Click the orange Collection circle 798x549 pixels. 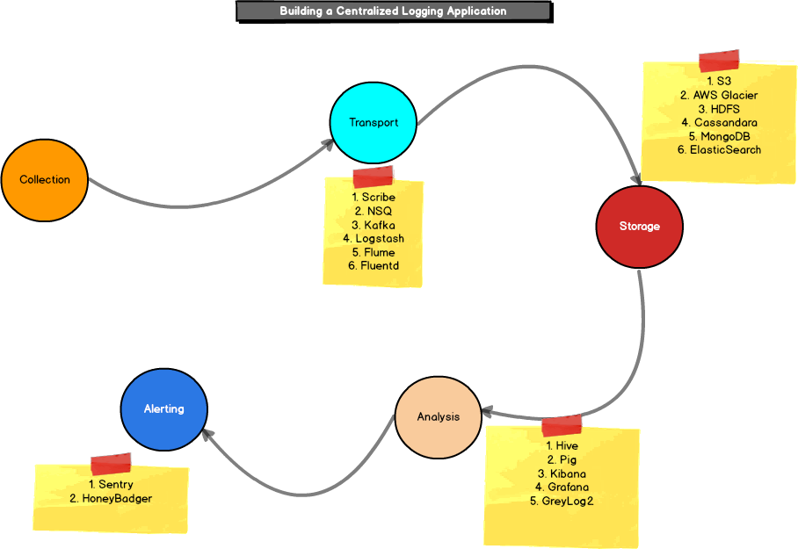(45, 180)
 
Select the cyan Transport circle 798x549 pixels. (374, 123)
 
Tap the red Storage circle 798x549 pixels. (639, 227)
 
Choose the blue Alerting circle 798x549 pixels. (164, 409)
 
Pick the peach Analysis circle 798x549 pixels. (438, 417)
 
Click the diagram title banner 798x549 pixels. (393, 11)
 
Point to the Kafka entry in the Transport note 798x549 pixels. (374, 225)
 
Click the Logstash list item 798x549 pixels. (374, 239)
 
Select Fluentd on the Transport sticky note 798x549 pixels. (374, 266)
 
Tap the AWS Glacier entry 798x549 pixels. (719, 95)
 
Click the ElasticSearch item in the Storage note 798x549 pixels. (719, 150)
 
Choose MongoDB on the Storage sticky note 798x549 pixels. (719, 136)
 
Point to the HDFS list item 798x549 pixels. (719, 109)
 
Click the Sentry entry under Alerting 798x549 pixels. (111, 485)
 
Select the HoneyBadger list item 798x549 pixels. (111, 499)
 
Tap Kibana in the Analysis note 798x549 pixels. (562, 473)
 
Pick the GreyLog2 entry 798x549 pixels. (562, 502)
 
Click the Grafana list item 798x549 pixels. (562, 488)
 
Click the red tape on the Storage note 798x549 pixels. (719, 61)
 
